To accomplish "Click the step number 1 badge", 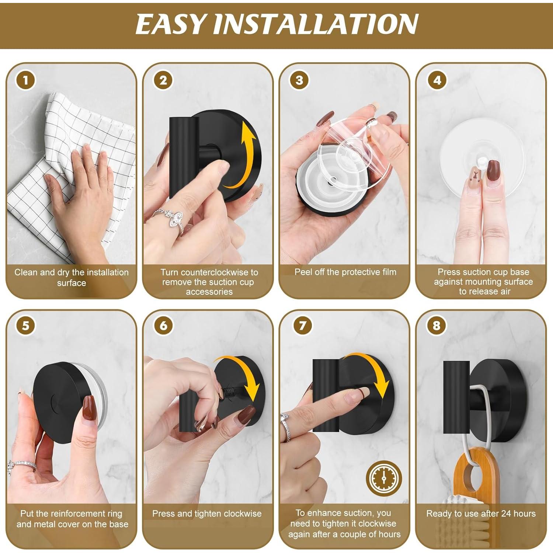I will click(25, 80).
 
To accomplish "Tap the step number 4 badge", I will click(437, 80).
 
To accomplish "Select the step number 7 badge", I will click(302, 326).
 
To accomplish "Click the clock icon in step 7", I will click(384, 478).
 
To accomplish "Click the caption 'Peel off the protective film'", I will click(345, 272).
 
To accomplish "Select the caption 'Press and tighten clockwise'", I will click(207, 514).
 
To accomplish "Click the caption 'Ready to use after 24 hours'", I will click(481, 514).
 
